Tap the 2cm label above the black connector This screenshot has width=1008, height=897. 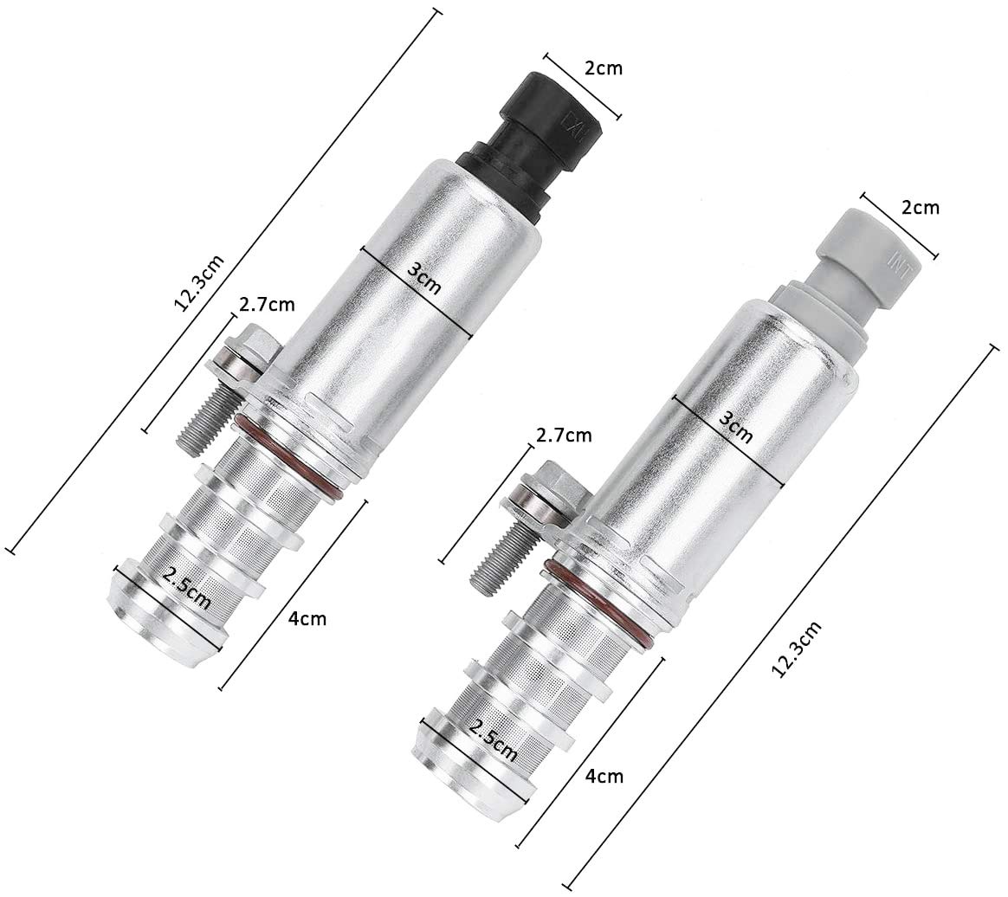pyautogui.click(x=603, y=68)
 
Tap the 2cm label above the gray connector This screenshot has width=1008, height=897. pyautogui.click(x=920, y=207)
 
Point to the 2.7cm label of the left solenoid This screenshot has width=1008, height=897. pyautogui.click(x=267, y=304)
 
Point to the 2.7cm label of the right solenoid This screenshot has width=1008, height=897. pyautogui.click(x=564, y=435)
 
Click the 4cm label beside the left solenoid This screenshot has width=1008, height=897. pyautogui.click(x=308, y=619)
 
